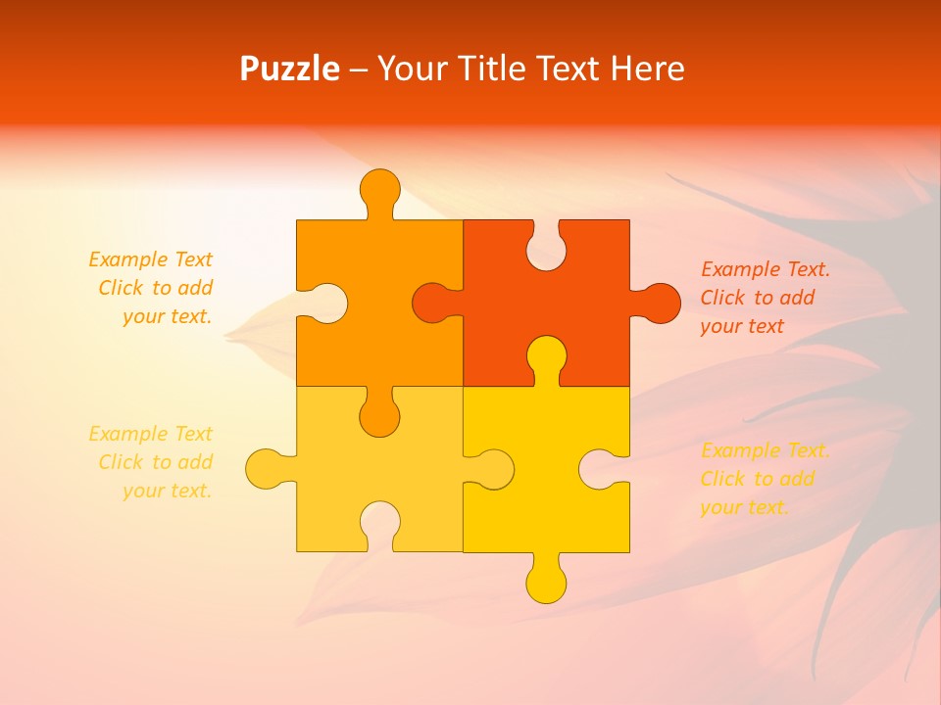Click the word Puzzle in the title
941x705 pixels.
click(289, 70)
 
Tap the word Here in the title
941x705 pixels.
click(646, 69)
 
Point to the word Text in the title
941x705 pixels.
click(568, 69)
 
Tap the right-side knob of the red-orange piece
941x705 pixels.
click(659, 303)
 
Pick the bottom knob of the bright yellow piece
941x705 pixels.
click(546, 581)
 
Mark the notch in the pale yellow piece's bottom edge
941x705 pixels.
click(379, 525)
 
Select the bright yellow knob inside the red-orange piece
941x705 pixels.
click(546, 357)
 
